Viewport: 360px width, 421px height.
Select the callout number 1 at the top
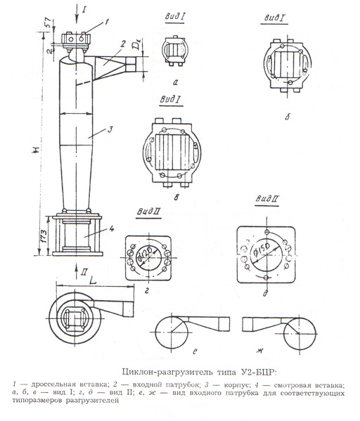point(107,22)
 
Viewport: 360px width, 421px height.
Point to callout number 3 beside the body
point(110,129)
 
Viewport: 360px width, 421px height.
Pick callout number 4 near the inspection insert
point(112,228)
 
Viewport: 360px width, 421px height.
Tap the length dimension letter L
point(92,280)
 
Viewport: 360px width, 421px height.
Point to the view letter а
point(176,83)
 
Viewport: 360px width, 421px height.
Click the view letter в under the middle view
point(176,198)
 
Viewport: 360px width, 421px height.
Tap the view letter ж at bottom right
point(259,351)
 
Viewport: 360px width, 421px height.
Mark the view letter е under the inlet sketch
point(195,351)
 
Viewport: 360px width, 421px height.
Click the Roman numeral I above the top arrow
point(84,11)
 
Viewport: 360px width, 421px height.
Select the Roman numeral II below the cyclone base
point(84,273)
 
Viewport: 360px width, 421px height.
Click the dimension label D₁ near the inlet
point(137,44)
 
